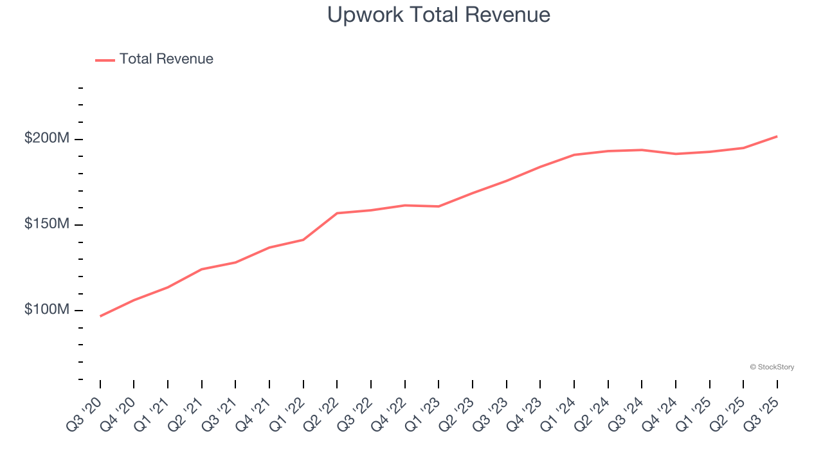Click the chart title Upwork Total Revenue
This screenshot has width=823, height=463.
tap(439, 15)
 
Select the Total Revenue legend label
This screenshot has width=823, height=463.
tap(166, 59)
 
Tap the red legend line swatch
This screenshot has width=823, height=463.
tap(105, 60)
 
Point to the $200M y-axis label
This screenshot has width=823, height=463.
tap(47, 138)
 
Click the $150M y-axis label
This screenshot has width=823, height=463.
tap(47, 224)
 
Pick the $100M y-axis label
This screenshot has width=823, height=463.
tap(47, 309)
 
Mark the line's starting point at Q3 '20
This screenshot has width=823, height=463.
tap(100, 316)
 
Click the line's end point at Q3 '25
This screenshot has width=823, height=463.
tap(777, 136)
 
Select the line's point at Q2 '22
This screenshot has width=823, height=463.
tap(337, 213)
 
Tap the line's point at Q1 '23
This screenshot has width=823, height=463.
tap(439, 206)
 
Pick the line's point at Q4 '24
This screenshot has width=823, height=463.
tap(676, 154)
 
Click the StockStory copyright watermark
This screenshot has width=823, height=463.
tap(772, 367)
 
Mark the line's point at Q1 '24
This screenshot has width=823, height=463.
tap(574, 155)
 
